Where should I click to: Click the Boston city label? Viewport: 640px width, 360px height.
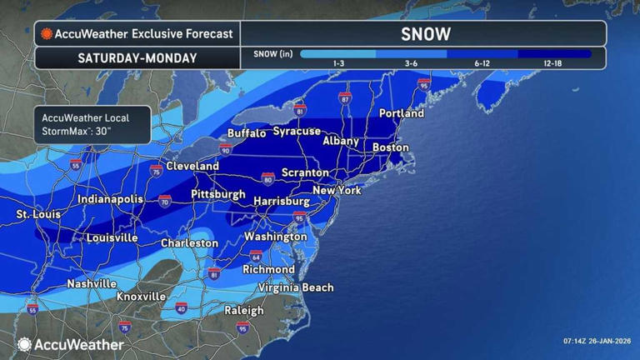pos(391,147)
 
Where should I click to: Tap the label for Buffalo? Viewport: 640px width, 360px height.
pos(247,133)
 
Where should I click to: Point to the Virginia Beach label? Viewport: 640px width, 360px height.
pos(296,287)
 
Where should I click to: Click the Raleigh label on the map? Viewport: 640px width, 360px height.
pos(243,311)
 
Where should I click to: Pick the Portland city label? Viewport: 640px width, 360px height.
pos(401,113)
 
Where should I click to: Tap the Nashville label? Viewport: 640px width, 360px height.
pos(92,283)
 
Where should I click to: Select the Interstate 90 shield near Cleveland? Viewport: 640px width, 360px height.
pos(225,149)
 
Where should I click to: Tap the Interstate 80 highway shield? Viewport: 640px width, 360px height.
pos(267,178)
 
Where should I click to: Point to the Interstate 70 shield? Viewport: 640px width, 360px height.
pos(165,201)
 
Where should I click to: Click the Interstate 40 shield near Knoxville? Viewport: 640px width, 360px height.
pos(182,309)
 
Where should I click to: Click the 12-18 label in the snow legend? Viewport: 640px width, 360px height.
pos(552,63)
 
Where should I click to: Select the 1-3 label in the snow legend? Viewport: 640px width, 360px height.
pos(339,63)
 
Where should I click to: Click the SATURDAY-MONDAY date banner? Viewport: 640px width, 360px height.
pos(137,58)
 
